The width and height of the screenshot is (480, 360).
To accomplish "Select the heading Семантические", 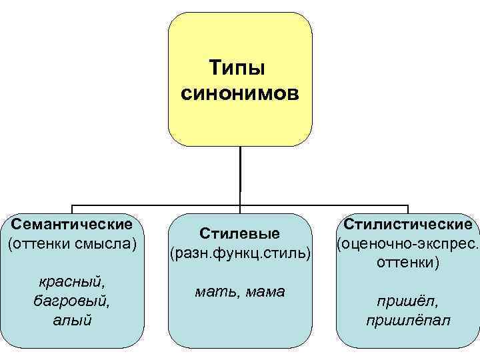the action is coord(72,223).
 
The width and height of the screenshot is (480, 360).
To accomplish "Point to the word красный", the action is coord(72,279).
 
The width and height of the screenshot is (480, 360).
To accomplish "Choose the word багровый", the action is coord(72,299).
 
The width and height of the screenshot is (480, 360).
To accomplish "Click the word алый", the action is coord(72,320).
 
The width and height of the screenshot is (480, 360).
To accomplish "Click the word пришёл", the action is coord(408,301).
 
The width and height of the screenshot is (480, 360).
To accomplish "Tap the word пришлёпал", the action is coord(408,321).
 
